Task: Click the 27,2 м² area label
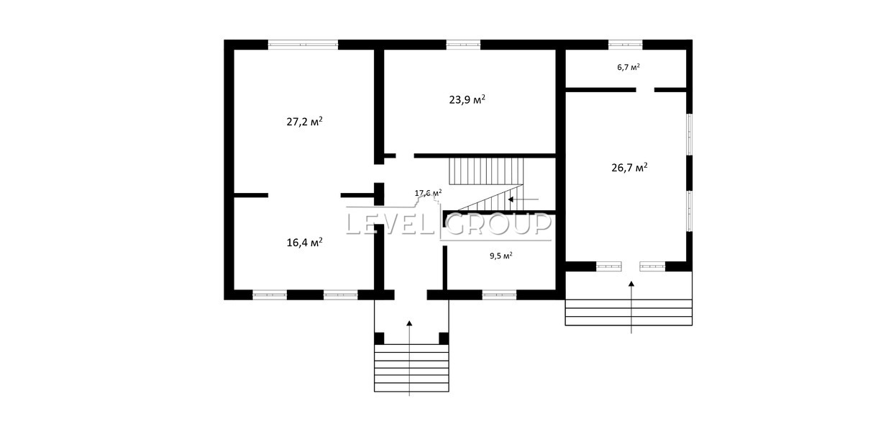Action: coord(304,121)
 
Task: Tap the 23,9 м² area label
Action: coord(467,99)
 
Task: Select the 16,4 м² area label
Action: coord(305,242)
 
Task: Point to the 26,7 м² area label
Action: coord(630,167)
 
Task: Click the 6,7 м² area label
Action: coord(628,67)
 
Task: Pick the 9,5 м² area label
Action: coord(501,256)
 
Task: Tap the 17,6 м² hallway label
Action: coord(428,193)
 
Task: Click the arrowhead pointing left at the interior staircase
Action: coord(511,199)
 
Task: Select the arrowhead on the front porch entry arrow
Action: coord(409,323)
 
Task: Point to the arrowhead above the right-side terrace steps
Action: coord(631,284)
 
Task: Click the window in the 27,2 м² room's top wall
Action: coord(303,45)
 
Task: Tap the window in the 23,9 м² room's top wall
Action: coord(463,45)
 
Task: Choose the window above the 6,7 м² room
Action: coord(625,45)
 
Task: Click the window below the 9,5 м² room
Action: coord(499,295)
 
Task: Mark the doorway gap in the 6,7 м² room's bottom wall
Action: coord(645,90)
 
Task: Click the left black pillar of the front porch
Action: coord(379,338)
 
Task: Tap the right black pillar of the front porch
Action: coord(444,338)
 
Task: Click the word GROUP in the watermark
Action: coord(498,224)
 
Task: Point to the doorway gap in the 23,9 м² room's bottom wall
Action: coord(405,156)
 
